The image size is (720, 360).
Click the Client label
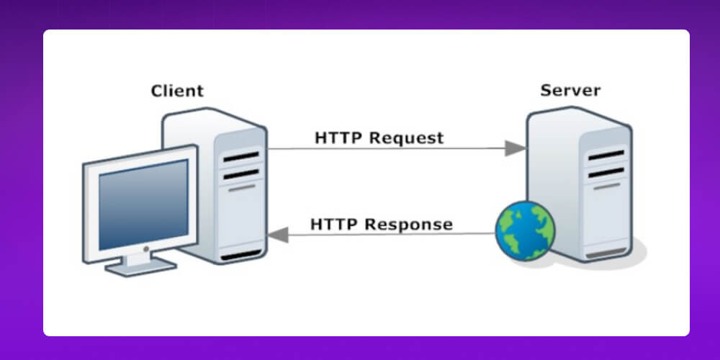177,91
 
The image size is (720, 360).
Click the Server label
570,91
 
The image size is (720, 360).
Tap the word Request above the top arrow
408,137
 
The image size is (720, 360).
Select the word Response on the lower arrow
408,224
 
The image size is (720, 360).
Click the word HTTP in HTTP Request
339,137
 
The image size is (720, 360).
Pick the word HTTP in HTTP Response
335,224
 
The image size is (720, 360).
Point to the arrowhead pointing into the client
279,234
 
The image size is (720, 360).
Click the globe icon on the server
526,231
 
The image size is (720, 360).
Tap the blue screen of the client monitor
143,204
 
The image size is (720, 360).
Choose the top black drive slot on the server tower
606,154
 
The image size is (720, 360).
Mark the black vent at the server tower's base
606,254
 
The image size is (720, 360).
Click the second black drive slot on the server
606,171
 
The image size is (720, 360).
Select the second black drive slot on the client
240,174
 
